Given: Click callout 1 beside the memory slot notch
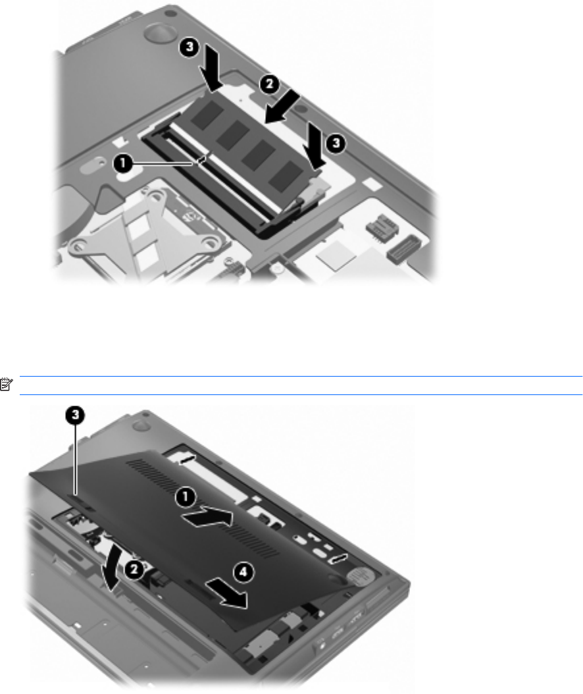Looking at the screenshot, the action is (x=122, y=163).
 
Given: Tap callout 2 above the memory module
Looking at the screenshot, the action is (x=269, y=84).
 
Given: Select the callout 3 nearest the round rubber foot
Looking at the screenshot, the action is (x=190, y=47).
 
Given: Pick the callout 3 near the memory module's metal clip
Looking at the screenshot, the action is (x=336, y=143).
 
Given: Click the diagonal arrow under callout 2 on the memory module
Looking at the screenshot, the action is (x=282, y=109).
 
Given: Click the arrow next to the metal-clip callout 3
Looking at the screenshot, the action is (x=315, y=146).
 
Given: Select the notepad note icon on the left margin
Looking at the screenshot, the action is (x=7, y=384).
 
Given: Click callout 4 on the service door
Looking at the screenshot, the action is (x=243, y=572).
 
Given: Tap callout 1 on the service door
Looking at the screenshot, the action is (x=186, y=496).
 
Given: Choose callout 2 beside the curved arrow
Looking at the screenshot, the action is (x=134, y=570).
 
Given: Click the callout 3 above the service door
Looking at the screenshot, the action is (x=75, y=415).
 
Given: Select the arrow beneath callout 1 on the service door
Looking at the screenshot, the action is (x=207, y=516).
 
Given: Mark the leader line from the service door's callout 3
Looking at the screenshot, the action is (x=76, y=459).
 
